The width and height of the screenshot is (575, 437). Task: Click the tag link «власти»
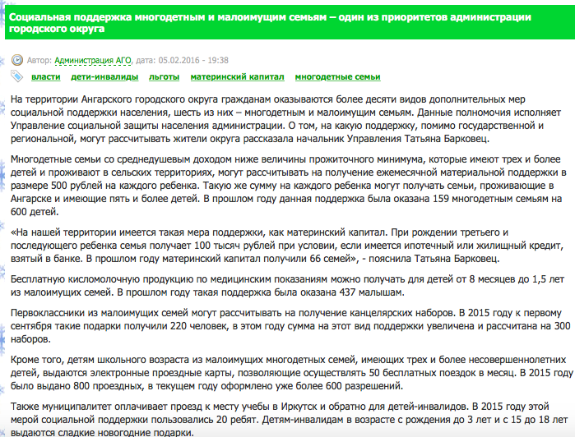pyautogui.click(x=45, y=77)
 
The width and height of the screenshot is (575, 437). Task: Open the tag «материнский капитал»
pyautogui.click(x=238, y=77)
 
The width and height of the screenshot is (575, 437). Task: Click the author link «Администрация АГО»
pyautogui.click(x=93, y=60)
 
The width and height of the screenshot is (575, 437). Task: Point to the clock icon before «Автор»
pyautogui.click(x=17, y=60)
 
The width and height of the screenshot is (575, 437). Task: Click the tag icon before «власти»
pyautogui.click(x=17, y=76)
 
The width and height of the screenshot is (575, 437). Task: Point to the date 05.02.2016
pyautogui.click(x=182, y=60)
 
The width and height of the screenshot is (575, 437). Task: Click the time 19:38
pyautogui.click(x=217, y=60)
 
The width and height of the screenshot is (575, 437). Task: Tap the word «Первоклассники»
pyautogui.click(x=51, y=312)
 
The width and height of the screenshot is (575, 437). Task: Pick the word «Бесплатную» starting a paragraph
pyautogui.click(x=41, y=279)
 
